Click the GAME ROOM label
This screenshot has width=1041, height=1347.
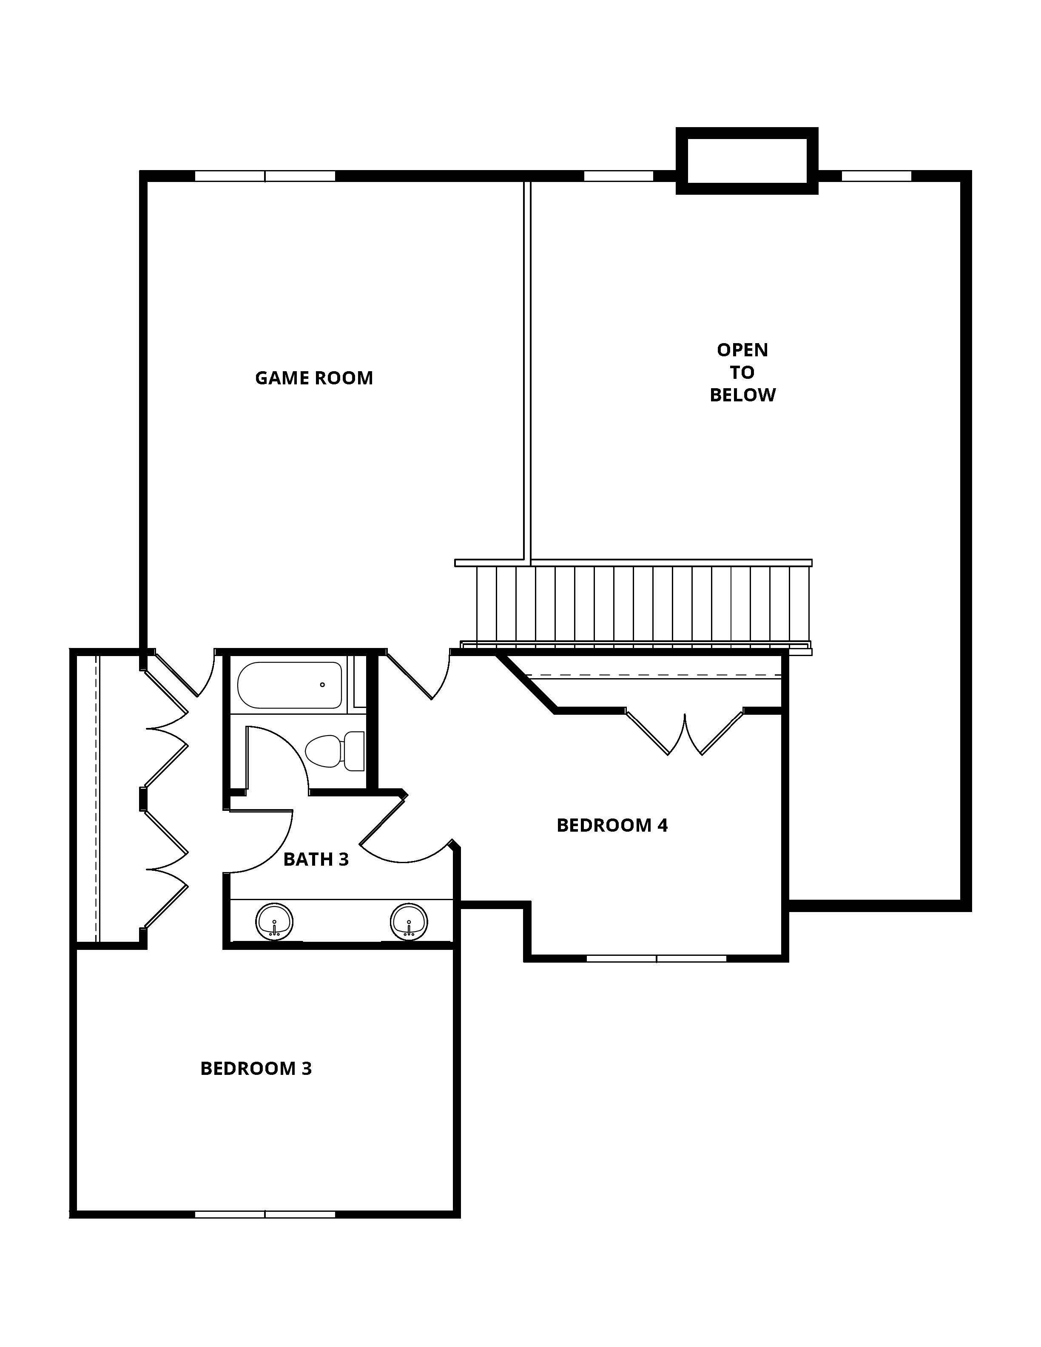click(314, 378)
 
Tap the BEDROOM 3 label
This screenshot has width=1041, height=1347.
click(256, 1068)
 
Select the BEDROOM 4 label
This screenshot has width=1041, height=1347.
click(612, 825)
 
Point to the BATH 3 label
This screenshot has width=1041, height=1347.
click(316, 859)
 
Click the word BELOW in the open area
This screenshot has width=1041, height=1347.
click(742, 395)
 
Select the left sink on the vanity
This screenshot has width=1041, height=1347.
click(274, 921)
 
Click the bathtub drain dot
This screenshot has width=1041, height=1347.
click(322, 685)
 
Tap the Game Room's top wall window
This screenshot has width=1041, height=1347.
click(265, 176)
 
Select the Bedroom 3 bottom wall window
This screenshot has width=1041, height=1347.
click(265, 1214)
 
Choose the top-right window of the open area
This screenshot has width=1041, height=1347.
click(876, 176)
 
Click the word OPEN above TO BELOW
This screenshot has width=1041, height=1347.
click(742, 350)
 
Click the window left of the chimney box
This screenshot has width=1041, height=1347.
click(619, 176)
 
